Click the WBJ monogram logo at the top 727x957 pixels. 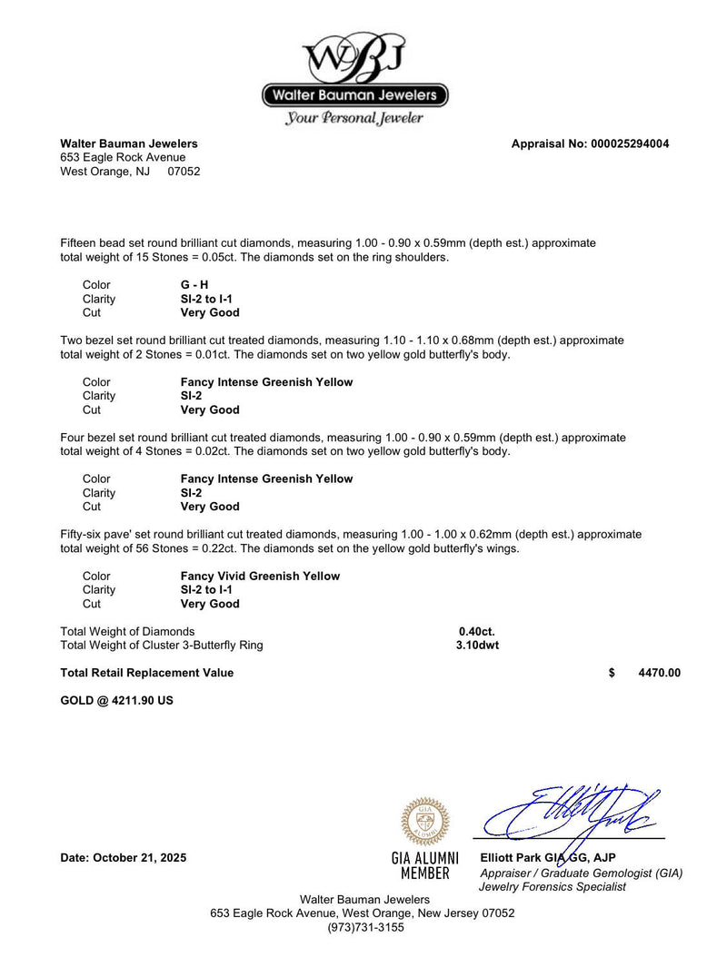pos(354,57)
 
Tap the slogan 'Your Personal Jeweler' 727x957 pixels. pos(354,118)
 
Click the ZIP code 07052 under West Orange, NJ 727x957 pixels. pos(184,171)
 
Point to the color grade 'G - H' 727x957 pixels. pos(194,285)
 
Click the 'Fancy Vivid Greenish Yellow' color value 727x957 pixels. pos(260,576)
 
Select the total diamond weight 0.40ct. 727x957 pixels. pos(477,631)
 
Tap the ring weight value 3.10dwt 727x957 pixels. pos(477,646)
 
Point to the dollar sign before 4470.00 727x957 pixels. pos(612,673)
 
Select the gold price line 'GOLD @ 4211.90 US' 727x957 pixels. pos(116,701)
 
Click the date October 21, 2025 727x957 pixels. pos(123,858)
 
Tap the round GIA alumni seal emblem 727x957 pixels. pos(424,821)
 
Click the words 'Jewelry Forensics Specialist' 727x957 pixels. pos(553,886)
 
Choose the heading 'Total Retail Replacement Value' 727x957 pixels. pos(146,673)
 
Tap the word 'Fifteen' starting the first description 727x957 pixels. pos(79,243)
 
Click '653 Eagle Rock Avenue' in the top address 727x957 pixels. pos(123,157)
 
